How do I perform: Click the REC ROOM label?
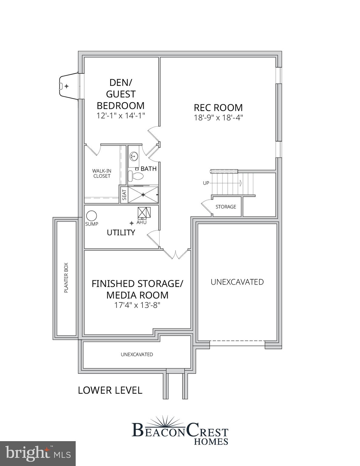click(218, 108)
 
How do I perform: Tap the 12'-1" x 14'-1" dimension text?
click(121, 116)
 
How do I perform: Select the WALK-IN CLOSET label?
click(102, 174)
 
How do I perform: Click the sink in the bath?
click(133, 157)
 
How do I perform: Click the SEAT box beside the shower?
click(124, 195)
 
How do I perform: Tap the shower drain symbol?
click(143, 194)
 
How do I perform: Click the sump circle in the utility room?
click(91, 216)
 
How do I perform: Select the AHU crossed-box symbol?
click(144, 212)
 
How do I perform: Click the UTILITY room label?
click(121, 233)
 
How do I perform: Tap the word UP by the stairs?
click(206, 183)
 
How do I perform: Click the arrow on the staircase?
click(240, 183)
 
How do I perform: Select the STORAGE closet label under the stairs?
click(226, 207)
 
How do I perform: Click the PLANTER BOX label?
click(66, 278)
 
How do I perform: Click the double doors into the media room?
click(176, 254)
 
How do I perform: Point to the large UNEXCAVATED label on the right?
click(237, 282)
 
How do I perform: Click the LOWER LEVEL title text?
click(110, 390)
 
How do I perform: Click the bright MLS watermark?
click(38, 454)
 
